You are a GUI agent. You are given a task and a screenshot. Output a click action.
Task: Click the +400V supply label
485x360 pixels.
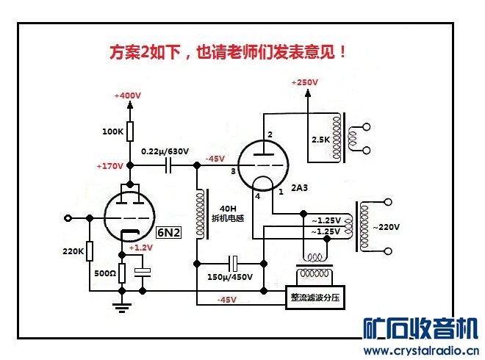[x=129, y=96]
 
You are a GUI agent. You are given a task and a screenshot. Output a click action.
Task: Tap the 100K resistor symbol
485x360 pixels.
[x=130, y=132]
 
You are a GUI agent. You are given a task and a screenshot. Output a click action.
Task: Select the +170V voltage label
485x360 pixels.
[x=109, y=166]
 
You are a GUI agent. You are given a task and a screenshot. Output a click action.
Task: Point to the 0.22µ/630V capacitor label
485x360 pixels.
[x=165, y=152]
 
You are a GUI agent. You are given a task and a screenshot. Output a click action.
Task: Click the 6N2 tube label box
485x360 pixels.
[x=168, y=232]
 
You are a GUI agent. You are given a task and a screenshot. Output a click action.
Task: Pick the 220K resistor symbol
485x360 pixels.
[x=90, y=252]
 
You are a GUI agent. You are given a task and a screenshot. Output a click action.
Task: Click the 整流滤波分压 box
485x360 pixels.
[x=315, y=298]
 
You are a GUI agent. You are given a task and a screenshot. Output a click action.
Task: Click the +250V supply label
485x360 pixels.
[x=305, y=83]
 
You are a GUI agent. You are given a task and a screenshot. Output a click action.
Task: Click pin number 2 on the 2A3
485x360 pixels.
[x=270, y=134]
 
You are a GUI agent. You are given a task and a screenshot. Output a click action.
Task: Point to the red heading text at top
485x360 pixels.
[x=228, y=52]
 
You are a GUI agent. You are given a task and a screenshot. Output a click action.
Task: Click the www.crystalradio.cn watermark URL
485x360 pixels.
[x=422, y=350]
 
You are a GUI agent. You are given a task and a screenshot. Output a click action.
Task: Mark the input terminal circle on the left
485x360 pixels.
[x=68, y=218]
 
